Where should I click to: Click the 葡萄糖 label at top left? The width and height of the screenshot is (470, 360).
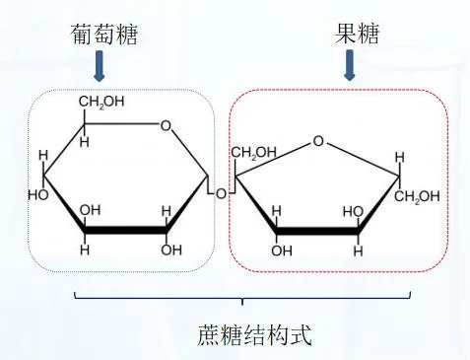point(103,34)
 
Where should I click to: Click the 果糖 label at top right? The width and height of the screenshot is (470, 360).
point(357,33)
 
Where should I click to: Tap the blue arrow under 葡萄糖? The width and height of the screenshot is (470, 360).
point(99,65)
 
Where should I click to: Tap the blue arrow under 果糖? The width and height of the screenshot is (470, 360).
point(350,65)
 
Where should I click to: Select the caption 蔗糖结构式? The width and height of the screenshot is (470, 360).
point(254,335)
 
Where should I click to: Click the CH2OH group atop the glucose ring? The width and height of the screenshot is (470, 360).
point(101,102)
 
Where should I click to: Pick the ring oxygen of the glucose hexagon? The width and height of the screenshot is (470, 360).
point(166,125)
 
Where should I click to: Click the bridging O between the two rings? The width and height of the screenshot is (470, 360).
point(221,193)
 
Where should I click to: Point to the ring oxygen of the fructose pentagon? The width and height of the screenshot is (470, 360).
point(318,141)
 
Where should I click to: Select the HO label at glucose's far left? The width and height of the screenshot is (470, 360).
point(38,195)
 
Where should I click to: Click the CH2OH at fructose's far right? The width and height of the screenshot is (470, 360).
point(417,196)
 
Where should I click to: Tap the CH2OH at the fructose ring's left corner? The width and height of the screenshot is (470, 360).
point(253,152)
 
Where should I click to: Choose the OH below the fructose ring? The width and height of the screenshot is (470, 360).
point(282,251)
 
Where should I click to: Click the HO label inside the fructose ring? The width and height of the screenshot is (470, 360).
point(354,212)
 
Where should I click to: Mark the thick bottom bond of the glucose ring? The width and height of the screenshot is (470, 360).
point(125,230)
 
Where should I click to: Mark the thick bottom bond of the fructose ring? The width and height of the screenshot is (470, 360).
point(317,231)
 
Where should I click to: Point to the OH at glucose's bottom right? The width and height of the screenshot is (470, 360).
point(171,251)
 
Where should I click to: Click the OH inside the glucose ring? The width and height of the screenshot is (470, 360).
point(90,210)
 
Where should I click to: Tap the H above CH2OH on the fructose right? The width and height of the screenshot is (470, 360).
point(400,158)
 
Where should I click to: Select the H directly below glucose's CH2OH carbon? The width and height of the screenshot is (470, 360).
point(84,142)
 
